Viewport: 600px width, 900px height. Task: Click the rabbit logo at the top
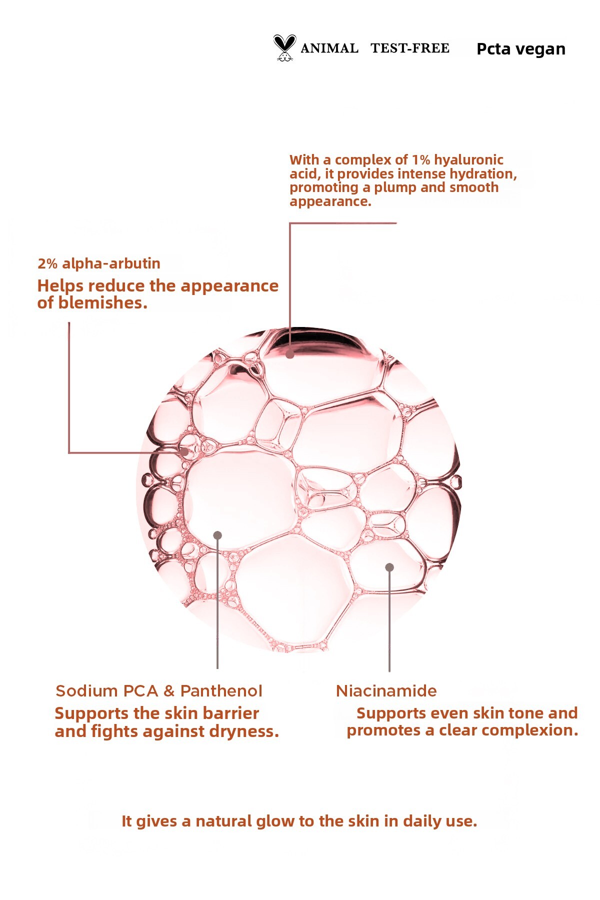click(x=284, y=48)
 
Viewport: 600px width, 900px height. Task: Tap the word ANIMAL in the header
click(x=329, y=48)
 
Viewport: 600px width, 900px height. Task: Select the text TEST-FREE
click(x=410, y=48)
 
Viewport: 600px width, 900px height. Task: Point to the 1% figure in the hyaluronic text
click(x=421, y=160)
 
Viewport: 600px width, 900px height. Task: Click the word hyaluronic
click(x=469, y=160)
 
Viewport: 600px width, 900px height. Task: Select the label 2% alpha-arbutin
click(x=99, y=263)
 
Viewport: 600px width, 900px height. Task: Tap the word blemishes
click(x=103, y=303)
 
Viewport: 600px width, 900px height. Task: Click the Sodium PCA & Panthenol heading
click(x=159, y=691)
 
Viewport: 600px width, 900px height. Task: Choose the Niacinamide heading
click(x=386, y=691)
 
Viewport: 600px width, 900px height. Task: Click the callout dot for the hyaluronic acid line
click(x=290, y=354)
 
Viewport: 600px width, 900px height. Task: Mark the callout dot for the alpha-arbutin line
click(x=185, y=452)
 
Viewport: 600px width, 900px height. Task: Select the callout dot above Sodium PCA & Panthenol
click(x=217, y=535)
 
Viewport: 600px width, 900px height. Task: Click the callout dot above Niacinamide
click(x=389, y=567)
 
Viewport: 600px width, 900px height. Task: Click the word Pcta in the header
click(x=493, y=49)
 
